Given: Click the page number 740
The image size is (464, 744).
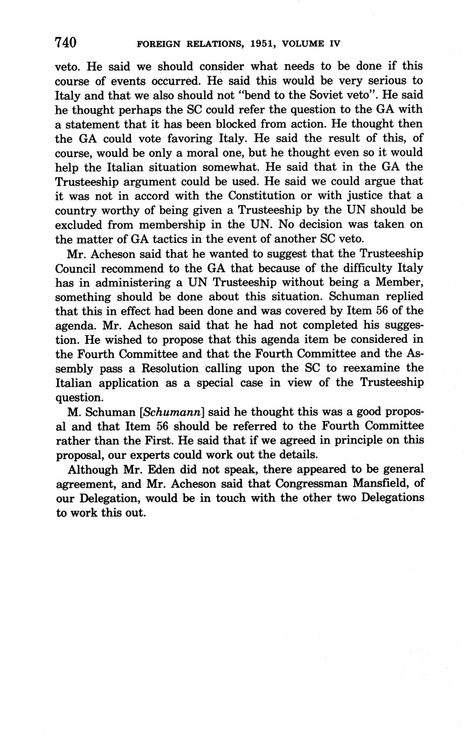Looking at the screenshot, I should tap(66, 43).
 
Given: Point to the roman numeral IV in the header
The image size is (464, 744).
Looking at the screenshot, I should tap(334, 44).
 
